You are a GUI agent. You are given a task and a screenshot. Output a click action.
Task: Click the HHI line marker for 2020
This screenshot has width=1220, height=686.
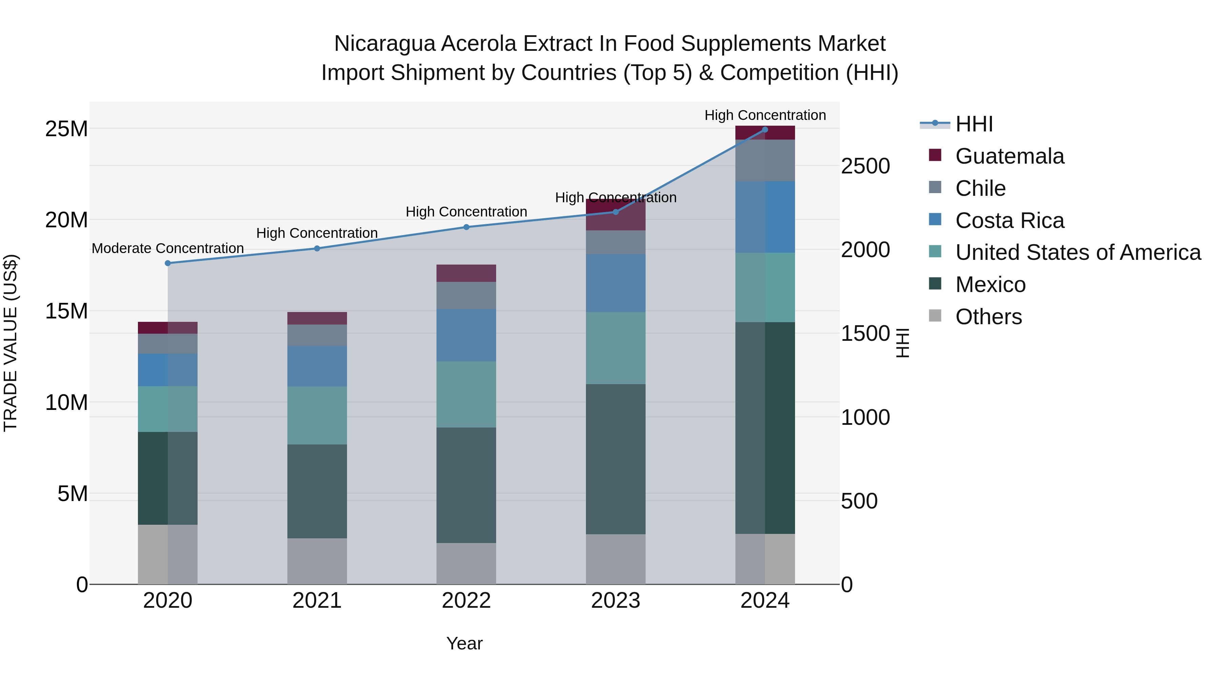pyautogui.click(x=168, y=263)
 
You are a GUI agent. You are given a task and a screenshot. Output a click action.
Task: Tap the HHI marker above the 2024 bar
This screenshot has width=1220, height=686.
pyautogui.click(x=765, y=130)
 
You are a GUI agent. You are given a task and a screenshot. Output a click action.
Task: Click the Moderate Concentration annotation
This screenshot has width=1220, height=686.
pyautogui.click(x=168, y=249)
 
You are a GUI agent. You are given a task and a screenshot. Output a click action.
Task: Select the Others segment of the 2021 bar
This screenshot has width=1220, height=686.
pyautogui.click(x=317, y=561)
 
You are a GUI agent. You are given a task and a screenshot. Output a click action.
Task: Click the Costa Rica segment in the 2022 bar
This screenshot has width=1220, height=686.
pyautogui.click(x=466, y=335)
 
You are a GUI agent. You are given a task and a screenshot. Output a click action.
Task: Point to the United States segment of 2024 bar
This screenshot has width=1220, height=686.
pyautogui.click(x=765, y=287)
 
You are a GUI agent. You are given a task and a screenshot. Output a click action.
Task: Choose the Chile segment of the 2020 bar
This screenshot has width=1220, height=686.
pyautogui.click(x=168, y=344)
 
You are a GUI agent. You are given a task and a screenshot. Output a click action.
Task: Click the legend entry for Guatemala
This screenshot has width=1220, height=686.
pyautogui.click(x=1009, y=156)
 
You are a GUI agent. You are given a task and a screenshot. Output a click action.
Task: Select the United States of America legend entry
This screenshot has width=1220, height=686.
pyautogui.click(x=1077, y=252)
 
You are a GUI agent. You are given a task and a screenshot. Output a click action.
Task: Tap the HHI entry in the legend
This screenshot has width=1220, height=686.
pyautogui.click(x=974, y=124)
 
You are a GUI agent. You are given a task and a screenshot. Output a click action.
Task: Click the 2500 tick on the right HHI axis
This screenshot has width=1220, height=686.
pyautogui.click(x=865, y=167)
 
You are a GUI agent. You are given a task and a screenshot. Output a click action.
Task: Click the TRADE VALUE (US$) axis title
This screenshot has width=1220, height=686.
pyautogui.click(x=11, y=343)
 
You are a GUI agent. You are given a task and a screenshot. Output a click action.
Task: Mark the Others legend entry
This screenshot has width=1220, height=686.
pyautogui.click(x=989, y=317)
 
